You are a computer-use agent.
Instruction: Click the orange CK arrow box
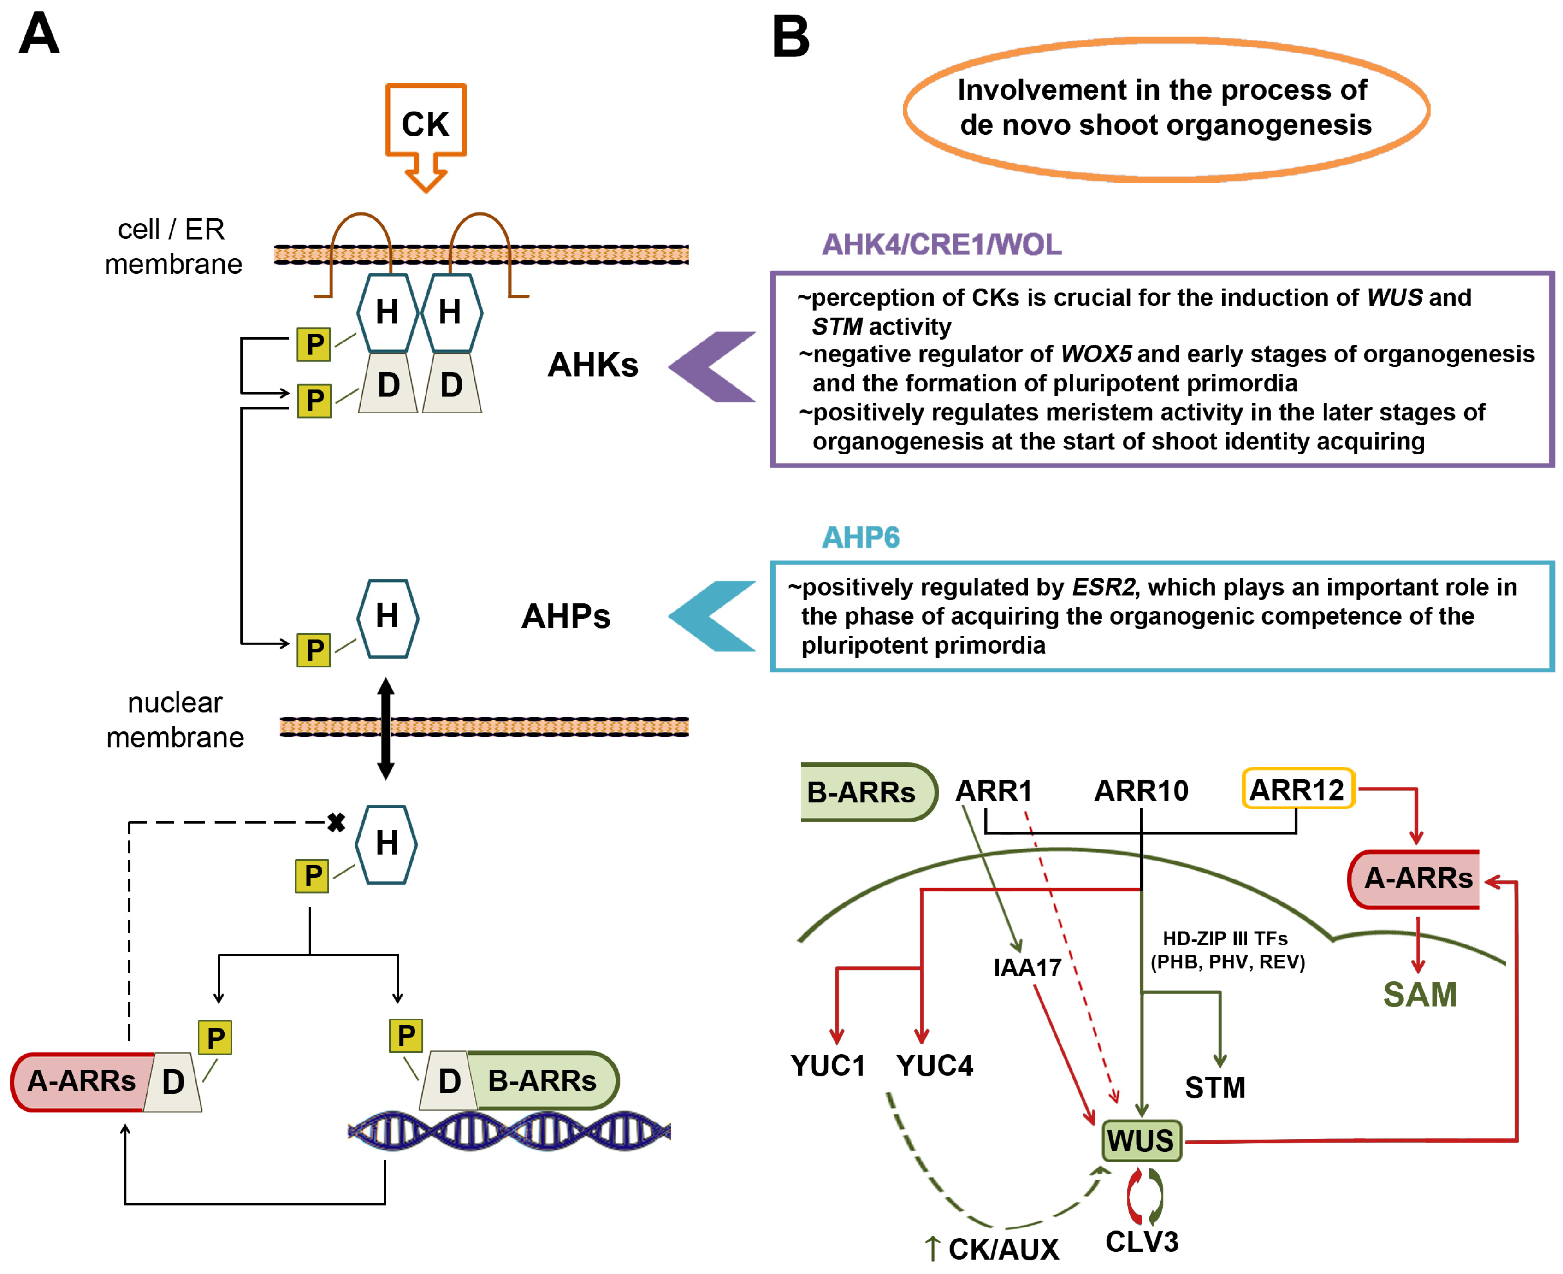[426, 123]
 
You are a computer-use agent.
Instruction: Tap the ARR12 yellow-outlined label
[1297, 790]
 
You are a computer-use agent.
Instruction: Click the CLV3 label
[1142, 1242]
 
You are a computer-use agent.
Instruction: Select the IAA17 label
[1027, 967]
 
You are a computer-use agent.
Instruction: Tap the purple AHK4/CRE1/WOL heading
[941, 244]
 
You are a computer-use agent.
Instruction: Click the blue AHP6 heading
[860, 537]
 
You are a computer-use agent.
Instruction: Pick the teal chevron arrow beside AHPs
[712, 616]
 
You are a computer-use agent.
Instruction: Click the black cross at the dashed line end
[336, 823]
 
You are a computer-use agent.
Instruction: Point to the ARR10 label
[1141, 790]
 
